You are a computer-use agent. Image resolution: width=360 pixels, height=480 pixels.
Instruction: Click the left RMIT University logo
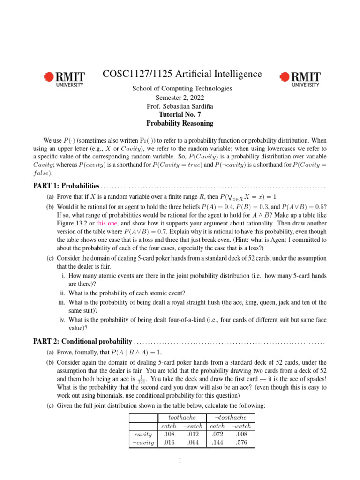(x=64, y=79)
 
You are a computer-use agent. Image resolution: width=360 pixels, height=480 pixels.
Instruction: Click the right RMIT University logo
(x=300, y=79)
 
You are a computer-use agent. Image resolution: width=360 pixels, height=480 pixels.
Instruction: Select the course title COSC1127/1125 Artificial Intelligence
(x=182, y=74)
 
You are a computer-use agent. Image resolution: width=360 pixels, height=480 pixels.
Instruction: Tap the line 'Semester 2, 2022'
(x=180, y=97)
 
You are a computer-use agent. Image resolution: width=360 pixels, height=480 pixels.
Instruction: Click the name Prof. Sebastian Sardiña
(x=180, y=106)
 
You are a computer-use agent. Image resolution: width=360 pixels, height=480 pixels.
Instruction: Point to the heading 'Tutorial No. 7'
(x=180, y=114)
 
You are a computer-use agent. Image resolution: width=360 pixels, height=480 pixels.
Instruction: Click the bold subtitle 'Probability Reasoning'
(x=180, y=123)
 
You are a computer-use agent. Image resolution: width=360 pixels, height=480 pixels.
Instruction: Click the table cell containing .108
(x=168, y=435)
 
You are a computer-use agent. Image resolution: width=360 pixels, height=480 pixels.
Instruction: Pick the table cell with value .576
(x=241, y=442)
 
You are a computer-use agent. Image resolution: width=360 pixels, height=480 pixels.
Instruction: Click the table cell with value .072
(x=217, y=435)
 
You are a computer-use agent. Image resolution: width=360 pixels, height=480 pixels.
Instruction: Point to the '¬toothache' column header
(x=230, y=417)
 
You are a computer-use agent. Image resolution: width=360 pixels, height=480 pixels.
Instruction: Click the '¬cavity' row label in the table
(x=142, y=442)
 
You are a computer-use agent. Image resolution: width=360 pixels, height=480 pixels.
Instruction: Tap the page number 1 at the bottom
(x=180, y=461)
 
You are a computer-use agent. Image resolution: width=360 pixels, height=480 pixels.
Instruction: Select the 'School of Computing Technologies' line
(x=180, y=88)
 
